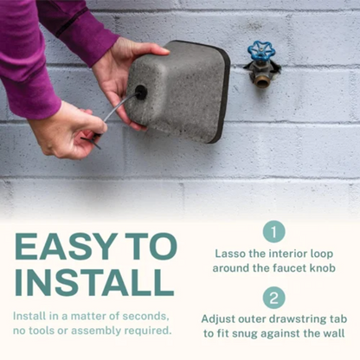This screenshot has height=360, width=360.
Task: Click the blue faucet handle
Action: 260,53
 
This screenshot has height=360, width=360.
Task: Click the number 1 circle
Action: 273,231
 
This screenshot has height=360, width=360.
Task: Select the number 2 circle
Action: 273,297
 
